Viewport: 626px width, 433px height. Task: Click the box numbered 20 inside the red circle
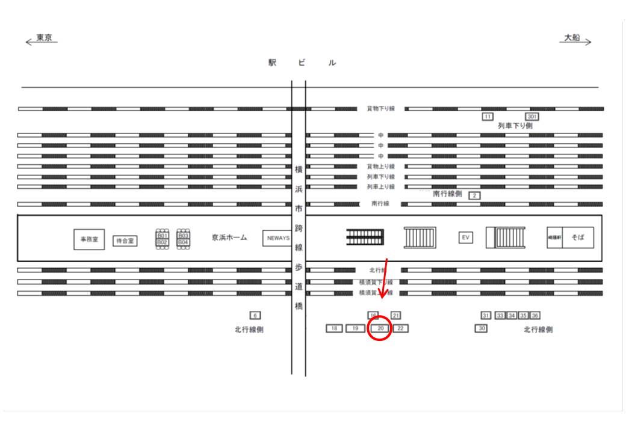(x=380, y=328)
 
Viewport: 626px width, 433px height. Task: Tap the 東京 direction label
(x=44, y=38)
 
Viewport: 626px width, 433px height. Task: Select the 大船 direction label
(x=572, y=38)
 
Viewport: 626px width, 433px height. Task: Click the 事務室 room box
(x=88, y=239)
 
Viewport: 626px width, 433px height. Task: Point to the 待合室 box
(x=125, y=241)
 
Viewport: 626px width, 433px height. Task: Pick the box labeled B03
(x=183, y=236)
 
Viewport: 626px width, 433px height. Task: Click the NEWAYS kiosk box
(x=277, y=238)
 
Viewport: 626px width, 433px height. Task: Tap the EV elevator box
(x=465, y=238)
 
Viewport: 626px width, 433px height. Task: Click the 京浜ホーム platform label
(x=229, y=238)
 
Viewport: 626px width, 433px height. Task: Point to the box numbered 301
(x=532, y=116)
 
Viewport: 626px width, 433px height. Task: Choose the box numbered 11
(x=488, y=116)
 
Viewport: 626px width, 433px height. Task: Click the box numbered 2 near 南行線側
(x=474, y=195)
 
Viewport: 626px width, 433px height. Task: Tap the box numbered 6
(x=255, y=315)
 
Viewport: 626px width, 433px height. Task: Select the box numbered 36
(x=535, y=315)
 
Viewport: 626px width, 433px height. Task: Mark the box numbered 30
(x=481, y=328)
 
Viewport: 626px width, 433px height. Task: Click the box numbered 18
(x=334, y=328)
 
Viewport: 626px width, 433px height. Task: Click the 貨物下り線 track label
(x=380, y=109)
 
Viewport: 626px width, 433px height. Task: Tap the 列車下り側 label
(x=515, y=126)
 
